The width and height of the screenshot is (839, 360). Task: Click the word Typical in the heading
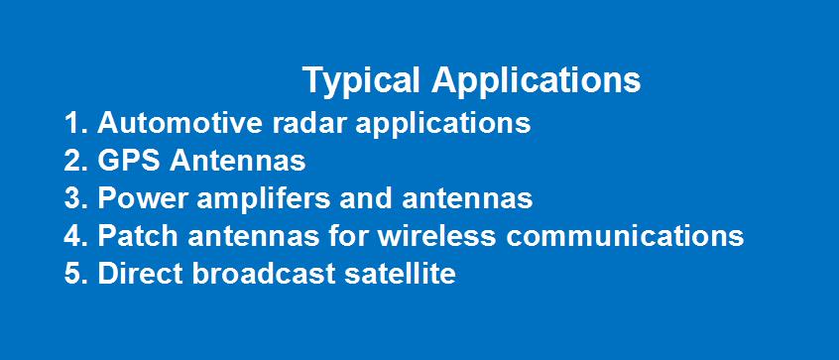click(361, 81)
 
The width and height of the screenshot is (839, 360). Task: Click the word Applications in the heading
click(537, 81)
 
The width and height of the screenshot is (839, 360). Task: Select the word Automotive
click(180, 123)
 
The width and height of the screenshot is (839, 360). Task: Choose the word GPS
click(128, 161)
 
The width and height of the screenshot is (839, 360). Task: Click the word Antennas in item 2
click(238, 161)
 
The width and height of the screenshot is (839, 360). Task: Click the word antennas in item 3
click(467, 198)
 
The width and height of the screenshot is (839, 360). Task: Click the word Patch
click(138, 235)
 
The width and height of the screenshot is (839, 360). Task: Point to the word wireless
click(436, 235)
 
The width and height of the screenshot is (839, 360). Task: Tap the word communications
click(625, 235)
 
